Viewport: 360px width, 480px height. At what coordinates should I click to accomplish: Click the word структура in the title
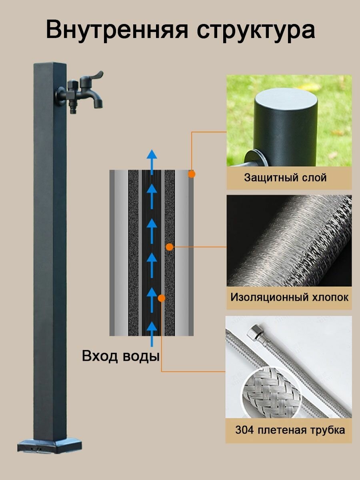pos(256,30)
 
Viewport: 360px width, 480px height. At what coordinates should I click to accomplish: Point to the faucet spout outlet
pos(97,105)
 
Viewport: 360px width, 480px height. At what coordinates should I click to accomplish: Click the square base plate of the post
pos(50,445)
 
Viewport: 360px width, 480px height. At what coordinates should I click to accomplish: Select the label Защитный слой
pos(285,178)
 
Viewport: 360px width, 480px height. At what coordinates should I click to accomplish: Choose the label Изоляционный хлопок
pos(289,298)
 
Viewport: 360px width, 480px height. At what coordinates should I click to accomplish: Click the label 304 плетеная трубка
pos(290,430)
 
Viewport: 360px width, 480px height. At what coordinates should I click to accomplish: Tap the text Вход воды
pos(120,356)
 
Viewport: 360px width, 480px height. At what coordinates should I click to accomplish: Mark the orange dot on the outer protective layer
pos(192,174)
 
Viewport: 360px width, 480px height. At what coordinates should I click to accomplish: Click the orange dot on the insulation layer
pos(170,247)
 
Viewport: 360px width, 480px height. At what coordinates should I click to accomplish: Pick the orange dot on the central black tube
pos(162,298)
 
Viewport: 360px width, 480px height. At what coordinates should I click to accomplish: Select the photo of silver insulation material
pos(289,240)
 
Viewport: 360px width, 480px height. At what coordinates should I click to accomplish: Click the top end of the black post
pos(50,65)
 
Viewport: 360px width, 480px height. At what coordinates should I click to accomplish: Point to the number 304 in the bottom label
pos(244,430)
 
